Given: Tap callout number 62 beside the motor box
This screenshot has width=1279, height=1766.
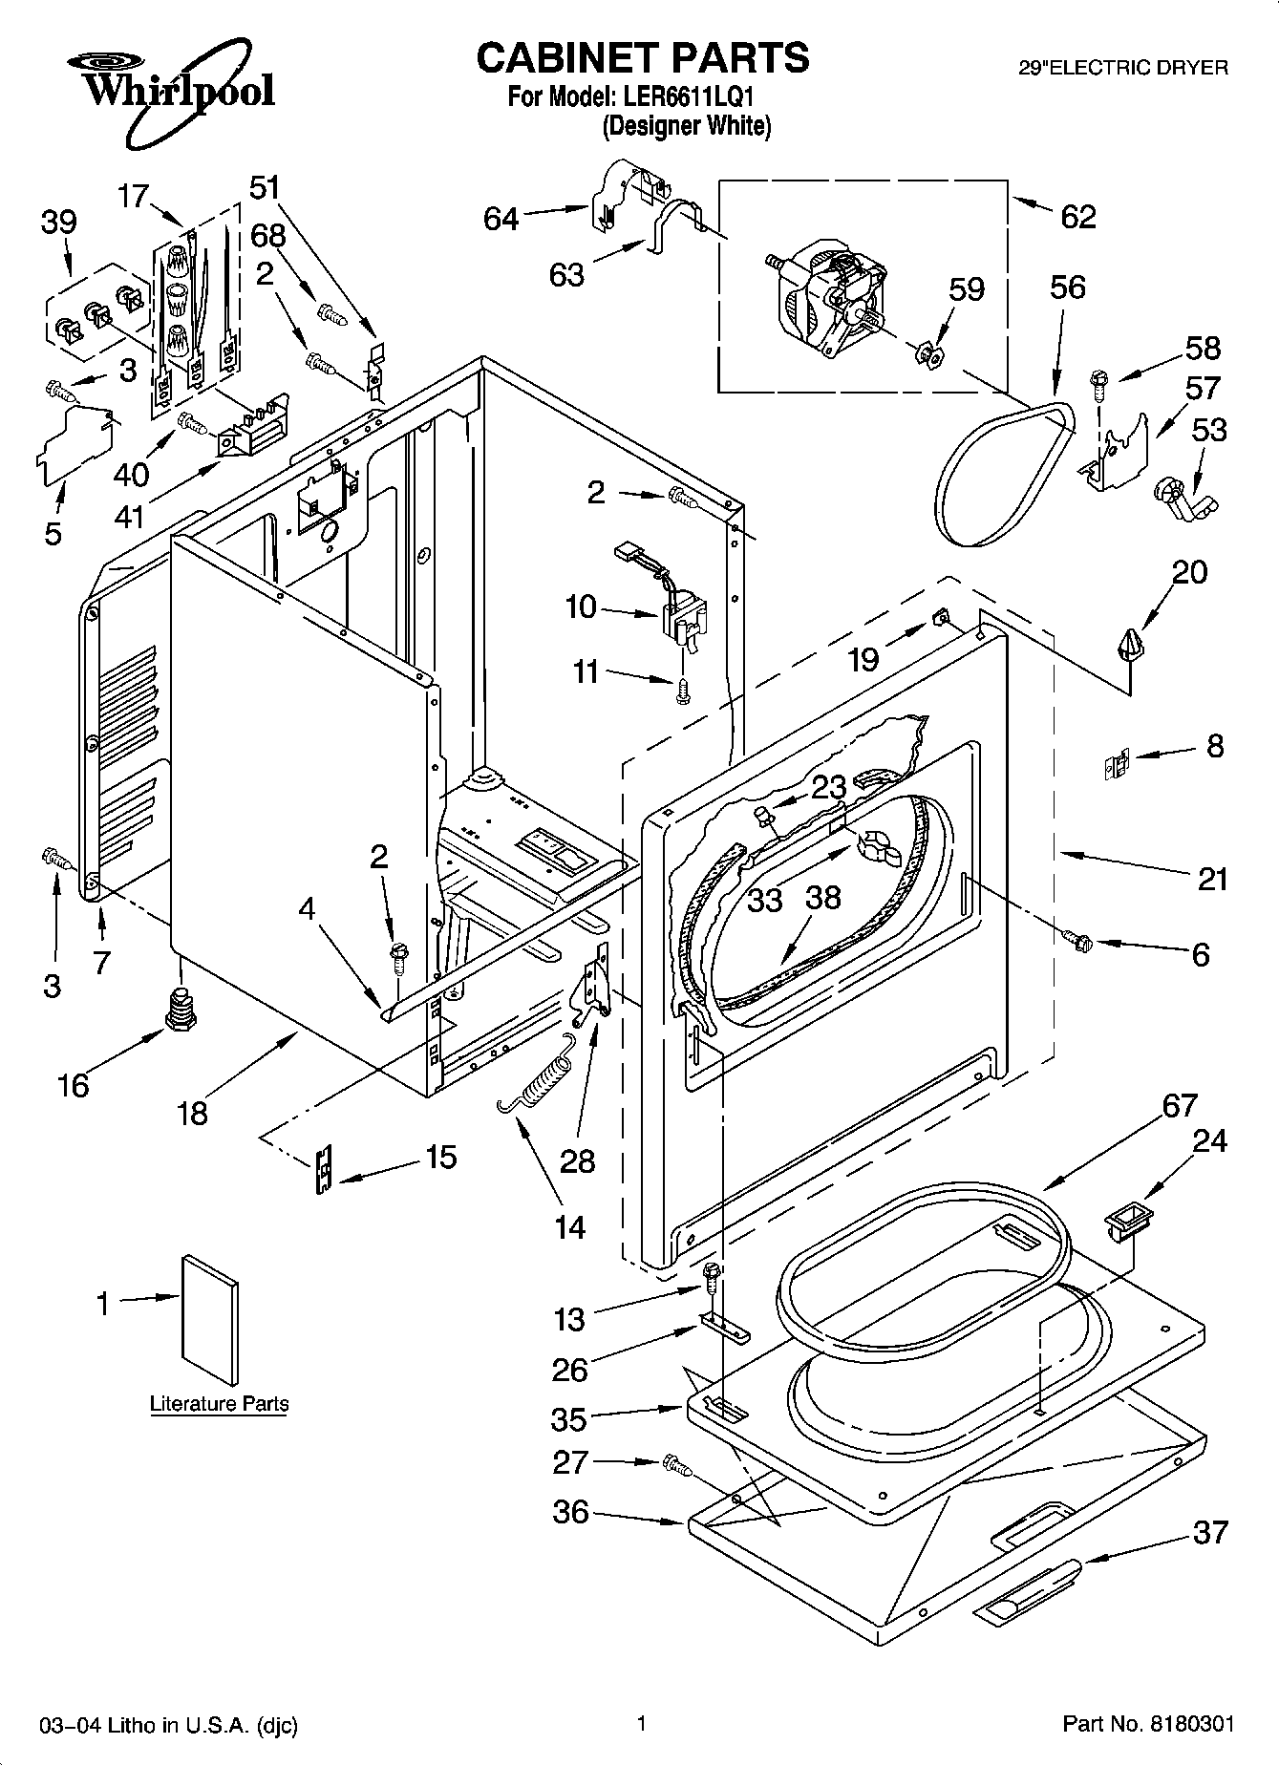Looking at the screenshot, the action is [1078, 217].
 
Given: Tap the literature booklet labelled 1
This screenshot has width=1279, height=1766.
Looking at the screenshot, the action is [209, 1317].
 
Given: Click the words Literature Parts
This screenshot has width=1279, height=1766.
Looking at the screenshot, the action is [219, 1403].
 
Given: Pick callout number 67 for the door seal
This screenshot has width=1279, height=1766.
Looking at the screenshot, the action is [1180, 1105].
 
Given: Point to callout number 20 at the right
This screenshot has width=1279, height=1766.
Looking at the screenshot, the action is [1190, 572].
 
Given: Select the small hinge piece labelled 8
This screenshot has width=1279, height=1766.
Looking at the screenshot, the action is [1116, 766].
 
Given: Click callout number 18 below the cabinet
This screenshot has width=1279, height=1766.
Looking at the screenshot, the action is [192, 1113].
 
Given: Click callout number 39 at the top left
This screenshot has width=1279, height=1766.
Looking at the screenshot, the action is [58, 223].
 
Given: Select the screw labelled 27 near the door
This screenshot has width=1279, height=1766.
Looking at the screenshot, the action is [675, 1462].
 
